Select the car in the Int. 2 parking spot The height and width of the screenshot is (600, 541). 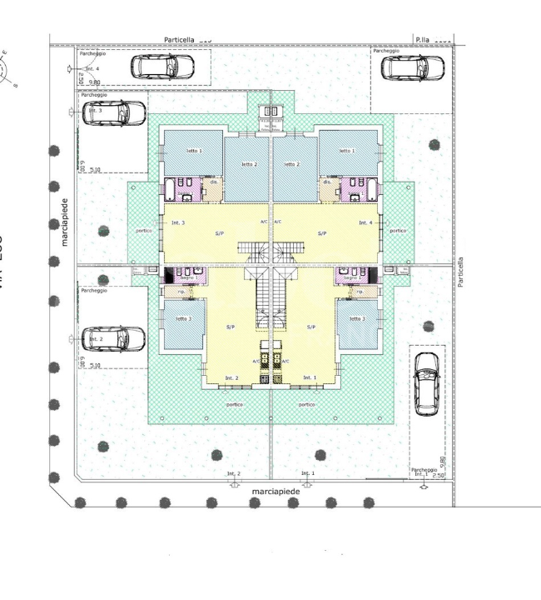[116, 338]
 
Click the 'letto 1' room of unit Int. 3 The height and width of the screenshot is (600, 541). [193, 151]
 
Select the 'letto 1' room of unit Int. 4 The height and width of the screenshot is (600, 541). [347, 151]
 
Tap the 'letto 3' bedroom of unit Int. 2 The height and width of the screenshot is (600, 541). [184, 318]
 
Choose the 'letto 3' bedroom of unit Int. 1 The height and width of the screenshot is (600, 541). [357, 318]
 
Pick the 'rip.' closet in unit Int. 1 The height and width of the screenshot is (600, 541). [360, 292]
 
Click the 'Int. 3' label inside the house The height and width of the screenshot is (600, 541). [177, 223]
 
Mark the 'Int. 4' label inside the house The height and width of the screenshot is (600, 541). [365, 223]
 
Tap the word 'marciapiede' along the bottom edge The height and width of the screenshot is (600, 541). [274, 492]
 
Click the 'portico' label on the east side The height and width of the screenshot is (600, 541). [398, 232]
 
